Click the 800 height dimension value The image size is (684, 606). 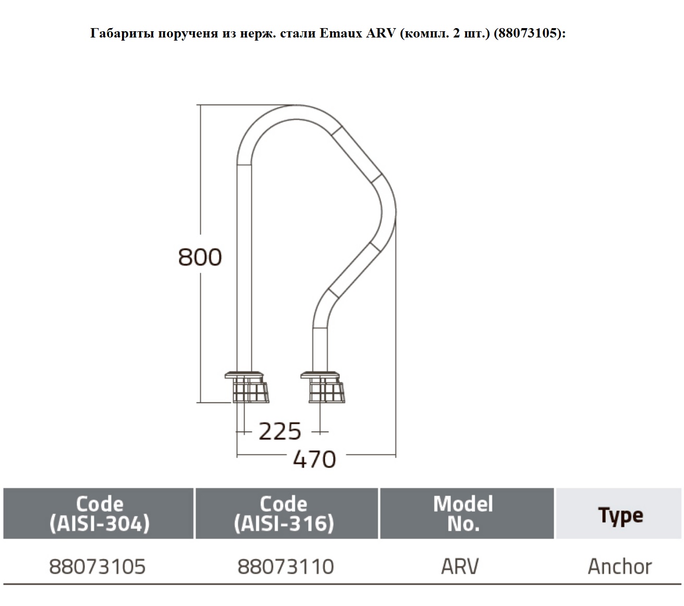pyautogui.click(x=200, y=257)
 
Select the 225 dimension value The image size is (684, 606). pyautogui.click(x=279, y=431)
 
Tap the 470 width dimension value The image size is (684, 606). pyautogui.click(x=314, y=459)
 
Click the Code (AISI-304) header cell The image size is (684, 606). pyautogui.click(x=99, y=513)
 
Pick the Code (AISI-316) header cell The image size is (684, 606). pyautogui.click(x=287, y=513)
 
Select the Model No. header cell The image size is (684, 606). pyautogui.click(x=467, y=513)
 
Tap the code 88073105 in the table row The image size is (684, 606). pyautogui.click(x=97, y=566)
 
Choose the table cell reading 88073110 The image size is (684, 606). pyautogui.click(x=286, y=566)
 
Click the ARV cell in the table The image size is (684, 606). pyautogui.click(x=460, y=566)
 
